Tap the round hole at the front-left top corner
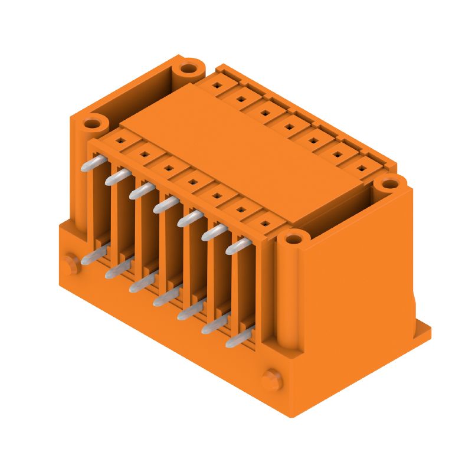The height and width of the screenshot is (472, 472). (92, 124)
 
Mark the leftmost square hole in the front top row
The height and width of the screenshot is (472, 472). (119, 141)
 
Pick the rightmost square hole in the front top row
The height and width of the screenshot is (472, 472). (266, 223)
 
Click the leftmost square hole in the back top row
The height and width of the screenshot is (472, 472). (217, 86)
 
